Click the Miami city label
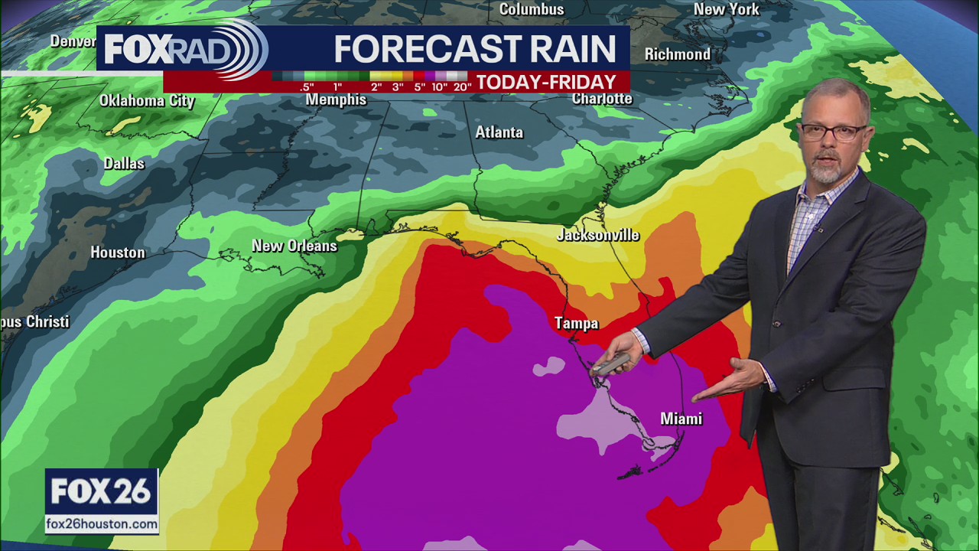click(x=681, y=419)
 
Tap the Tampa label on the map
click(x=576, y=324)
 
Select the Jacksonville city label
click(x=597, y=235)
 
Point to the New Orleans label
click(x=294, y=246)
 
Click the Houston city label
click(x=117, y=253)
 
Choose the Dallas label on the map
click(x=124, y=163)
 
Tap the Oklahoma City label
click(x=147, y=101)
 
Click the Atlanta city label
click(x=499, y=132)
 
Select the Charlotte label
click(x=602, y=99)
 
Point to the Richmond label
click(x=677, y=54)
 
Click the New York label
click(x=726, y=9)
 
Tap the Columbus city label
click(x=532, y=9)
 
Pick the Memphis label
click(x=336, y=100)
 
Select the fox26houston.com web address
click(x=102, y=524)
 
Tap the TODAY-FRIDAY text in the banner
click(x=546, y=82)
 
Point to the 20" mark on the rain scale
click(x=462, y=87)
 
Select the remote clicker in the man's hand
click(x=611, y=364)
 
